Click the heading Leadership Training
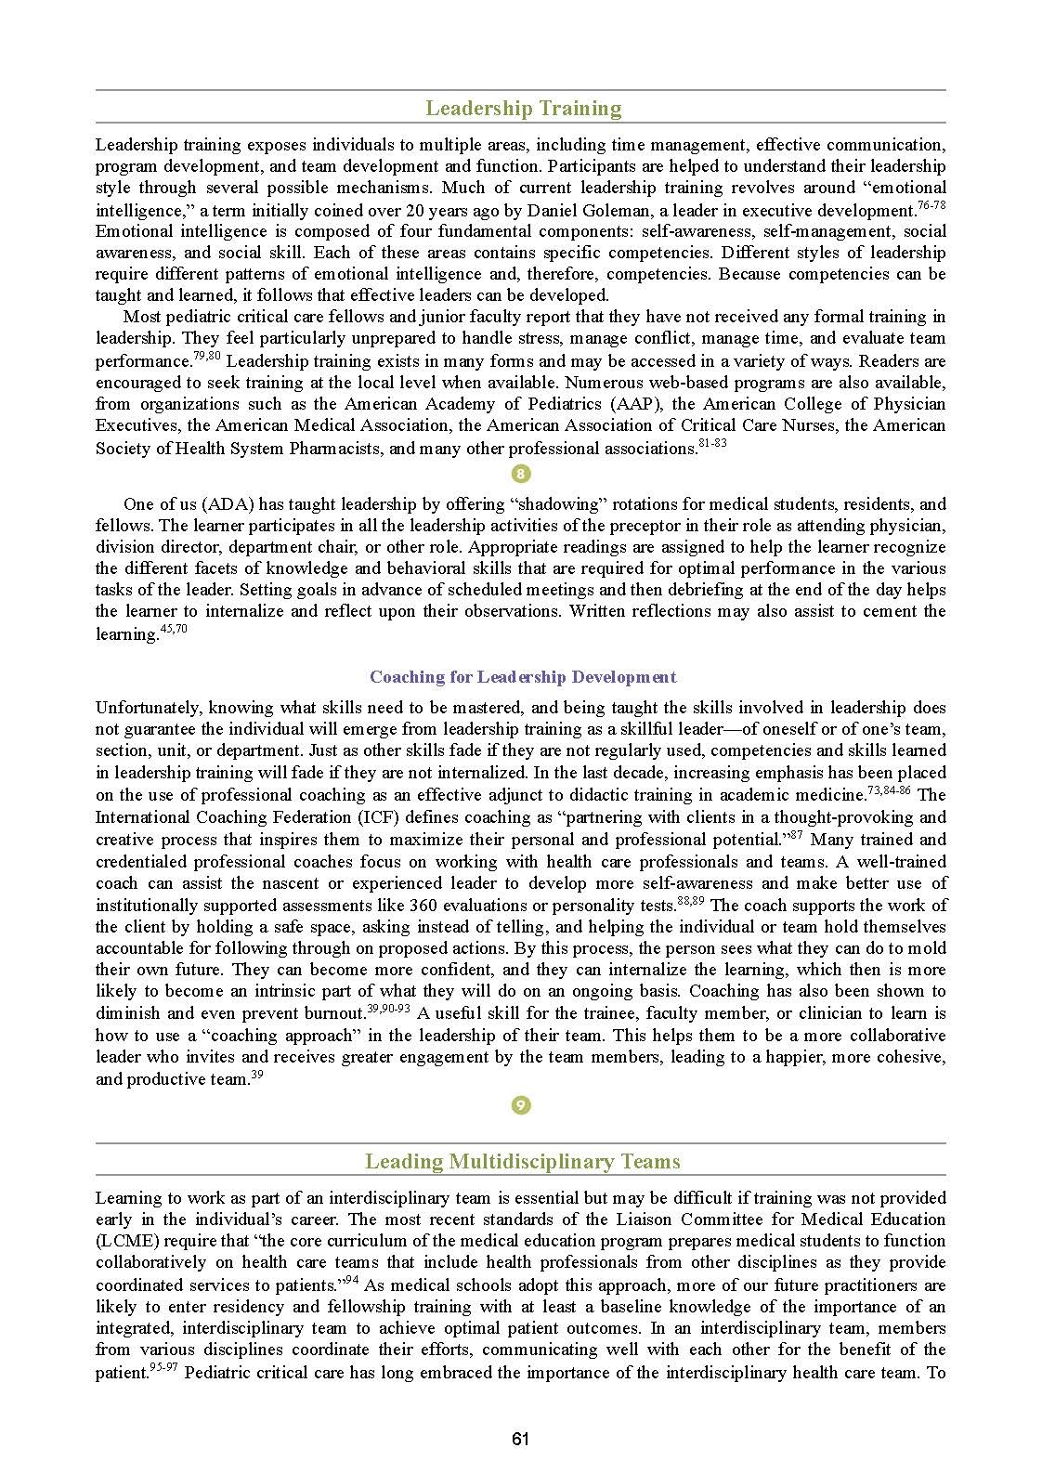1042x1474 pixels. coord(523,109)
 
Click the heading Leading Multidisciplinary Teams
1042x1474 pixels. coord(522,1162)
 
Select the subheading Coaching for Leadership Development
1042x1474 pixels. coord(523,677)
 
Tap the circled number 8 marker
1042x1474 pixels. coord(521,475)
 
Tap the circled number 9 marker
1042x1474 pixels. coord(521,1105)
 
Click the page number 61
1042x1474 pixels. coord(520,1439)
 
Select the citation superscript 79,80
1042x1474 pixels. coord(206,357)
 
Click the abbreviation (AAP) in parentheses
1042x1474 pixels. coord(637,404)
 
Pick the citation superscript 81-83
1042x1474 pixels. coord(712,443)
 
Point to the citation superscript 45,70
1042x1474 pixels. coord(174,630)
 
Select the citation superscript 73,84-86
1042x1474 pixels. coord(888,789)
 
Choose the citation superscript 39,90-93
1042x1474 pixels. coord(388,1009)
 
